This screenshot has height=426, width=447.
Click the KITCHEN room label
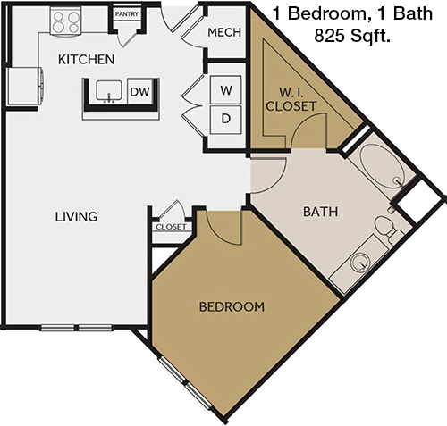coord(86,60)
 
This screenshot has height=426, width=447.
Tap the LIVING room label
coord(76,216)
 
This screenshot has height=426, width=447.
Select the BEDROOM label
coord(232,307)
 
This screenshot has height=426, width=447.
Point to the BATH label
coord(321,212)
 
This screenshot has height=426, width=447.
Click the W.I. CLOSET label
coord(291,100)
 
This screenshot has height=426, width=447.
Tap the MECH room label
coord(224,32)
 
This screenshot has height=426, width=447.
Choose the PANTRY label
coord(127,14)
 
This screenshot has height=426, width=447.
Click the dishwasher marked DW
coord(139,91)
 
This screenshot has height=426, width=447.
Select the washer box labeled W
coord(225,90)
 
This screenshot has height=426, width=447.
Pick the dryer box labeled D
coord(225,119)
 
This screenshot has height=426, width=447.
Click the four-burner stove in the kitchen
coord(65,21)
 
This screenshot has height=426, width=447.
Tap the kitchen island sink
coord(109,91)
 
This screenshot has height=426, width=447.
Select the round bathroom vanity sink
coord(360,263)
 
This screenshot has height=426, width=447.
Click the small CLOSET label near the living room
coord(171,227)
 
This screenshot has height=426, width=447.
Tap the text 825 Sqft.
coord(352,36)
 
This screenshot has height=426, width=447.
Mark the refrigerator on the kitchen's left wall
coord(25,87)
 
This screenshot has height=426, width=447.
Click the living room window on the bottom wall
coord(77,328)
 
